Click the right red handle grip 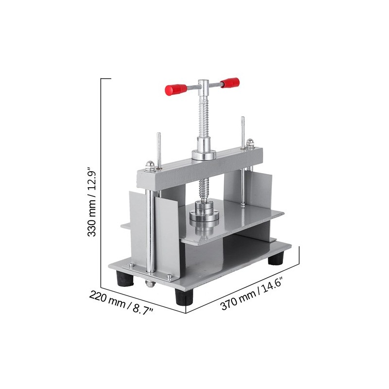pyautogui.click(x=229, y=83)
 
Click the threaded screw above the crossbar pyautogui.click(x=203, y=117)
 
